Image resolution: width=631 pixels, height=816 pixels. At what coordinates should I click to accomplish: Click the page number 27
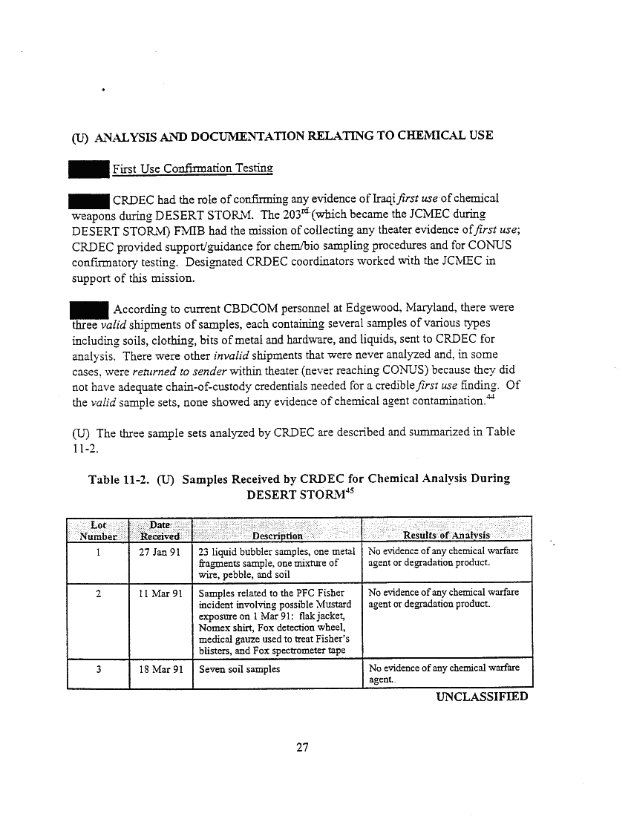click(301, 747)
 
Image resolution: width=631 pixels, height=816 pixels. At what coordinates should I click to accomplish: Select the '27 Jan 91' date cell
click(160, 551)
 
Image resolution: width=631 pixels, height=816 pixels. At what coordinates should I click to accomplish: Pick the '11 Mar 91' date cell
click(160, 593)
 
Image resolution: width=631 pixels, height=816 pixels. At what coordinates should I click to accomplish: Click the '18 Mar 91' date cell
click(160, 669)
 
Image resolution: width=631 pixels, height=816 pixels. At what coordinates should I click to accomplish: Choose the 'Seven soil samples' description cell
click(240, 669)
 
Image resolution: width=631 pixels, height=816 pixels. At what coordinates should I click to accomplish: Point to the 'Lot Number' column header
click(98, 530)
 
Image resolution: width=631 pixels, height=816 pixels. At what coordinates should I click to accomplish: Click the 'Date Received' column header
click(160, 530)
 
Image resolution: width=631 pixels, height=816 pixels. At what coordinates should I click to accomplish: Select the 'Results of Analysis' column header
click(445, 536)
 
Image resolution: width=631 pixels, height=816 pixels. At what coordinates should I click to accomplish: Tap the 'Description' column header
click(277, 536)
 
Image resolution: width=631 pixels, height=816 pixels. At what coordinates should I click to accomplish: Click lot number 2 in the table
click(98, 593)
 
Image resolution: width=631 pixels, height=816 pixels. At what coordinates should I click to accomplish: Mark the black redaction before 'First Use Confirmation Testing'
click(88, 168)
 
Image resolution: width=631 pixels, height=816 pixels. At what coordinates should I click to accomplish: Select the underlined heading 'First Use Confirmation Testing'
click(193, 169)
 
